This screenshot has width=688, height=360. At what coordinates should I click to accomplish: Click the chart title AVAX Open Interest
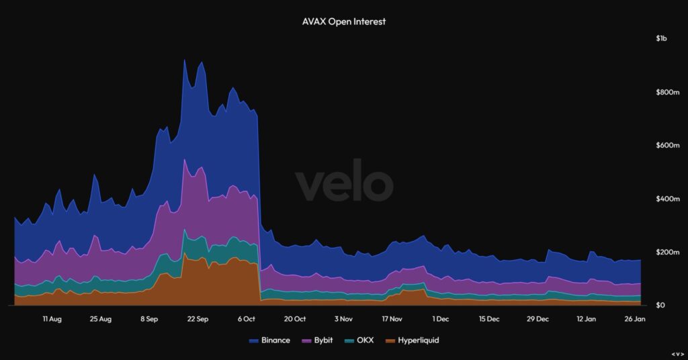click(344, 21)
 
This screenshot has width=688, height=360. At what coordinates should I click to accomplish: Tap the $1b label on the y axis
click(662, 39)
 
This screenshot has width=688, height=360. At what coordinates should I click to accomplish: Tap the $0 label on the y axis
click(661, 306)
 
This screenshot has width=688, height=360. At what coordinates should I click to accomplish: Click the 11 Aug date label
click(52, 320)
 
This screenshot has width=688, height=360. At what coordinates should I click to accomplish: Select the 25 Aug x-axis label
click(100, 320)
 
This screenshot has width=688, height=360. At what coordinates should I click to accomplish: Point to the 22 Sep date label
click(198, 320)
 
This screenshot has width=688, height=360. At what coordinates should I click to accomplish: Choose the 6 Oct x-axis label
click(247, 320)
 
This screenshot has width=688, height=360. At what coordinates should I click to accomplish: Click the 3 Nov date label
click(343, 320)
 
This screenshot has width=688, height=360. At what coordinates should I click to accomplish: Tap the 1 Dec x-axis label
click(441, 320)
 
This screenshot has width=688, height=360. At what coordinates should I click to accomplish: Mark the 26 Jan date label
click(635, 320)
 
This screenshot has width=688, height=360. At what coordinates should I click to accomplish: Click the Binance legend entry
click(269, 341)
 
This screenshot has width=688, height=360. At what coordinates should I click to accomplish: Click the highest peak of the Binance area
click(185, 60)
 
